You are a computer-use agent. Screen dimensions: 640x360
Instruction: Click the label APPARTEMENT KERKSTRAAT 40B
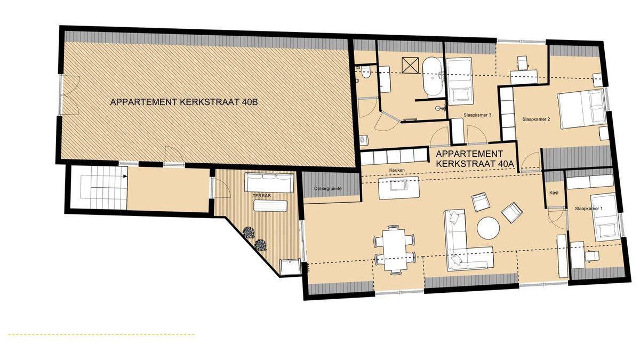pos(183,102)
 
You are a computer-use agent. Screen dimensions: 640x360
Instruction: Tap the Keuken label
pos(397,170)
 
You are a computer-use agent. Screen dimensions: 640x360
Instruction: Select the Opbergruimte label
pos(327,189)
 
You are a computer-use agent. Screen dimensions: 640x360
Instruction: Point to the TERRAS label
pos(261,196)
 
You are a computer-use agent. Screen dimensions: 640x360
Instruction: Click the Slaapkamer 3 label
pos(477,115)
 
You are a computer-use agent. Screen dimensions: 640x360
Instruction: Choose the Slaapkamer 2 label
pos(536,119)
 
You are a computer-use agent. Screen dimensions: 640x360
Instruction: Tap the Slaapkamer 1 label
pos(589,209)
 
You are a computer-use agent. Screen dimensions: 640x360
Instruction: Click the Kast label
pos(554,193)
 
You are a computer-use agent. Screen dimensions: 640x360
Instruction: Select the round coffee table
pos(489,228)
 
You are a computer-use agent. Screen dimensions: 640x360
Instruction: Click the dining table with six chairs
pos(395,250)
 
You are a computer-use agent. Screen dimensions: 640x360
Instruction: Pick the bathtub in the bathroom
pos(433,77)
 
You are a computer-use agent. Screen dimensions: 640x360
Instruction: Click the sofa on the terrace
pos(269,182)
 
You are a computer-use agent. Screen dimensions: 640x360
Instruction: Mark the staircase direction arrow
pos(125,177)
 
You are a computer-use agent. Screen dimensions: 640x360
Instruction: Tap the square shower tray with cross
pos(410,66)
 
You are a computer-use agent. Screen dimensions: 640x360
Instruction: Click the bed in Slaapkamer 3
pos(459,81)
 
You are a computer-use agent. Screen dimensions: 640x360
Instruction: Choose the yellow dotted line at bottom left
pos(101,334)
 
